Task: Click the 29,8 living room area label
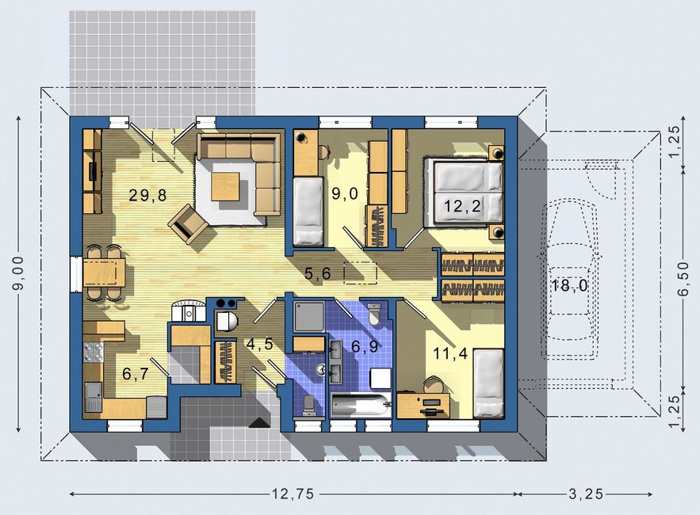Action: (x=147, y=195)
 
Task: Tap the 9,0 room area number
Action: (x=345, y=193)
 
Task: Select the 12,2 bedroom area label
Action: (x=462, y=206)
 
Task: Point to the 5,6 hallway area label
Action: (x=317, y=273)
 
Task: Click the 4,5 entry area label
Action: (x=259, y=344)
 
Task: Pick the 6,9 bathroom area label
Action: (x=365, y=346)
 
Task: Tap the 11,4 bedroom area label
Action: (x=450, y=353)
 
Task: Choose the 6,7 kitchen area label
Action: (x=136, y=374)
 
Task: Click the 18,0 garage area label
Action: (x=569, y=285)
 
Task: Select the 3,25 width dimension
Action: (x=586, y=494)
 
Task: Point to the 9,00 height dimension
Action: (x=19, y=273)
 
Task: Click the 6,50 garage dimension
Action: (x=683, y=278)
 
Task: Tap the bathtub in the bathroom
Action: (x=361, y=404)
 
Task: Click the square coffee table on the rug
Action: (x=226, y=186)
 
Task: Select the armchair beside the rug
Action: (x=188, y=224)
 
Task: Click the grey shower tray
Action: (x=309, y=316)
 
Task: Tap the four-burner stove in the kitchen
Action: (x=94, y=352)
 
